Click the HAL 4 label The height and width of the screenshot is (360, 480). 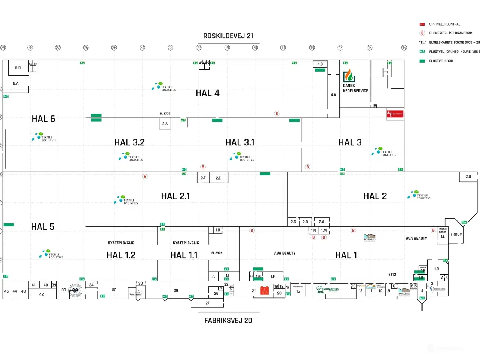pos(208,93)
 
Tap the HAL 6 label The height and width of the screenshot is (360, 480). pos(43,119)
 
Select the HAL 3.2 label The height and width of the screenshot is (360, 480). pos(129,142)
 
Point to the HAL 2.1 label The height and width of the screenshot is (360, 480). pos(175,196)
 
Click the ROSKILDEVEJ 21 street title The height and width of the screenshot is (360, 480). pos(228,36)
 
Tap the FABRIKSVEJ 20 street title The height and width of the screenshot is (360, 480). pos(228,321)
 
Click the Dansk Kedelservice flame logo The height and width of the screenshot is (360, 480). pos(349,75)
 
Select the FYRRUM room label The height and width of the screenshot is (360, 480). pos(455,234)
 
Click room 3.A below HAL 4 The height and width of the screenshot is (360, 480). pos(165,124)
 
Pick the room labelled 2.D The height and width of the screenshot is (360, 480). pos(468,177)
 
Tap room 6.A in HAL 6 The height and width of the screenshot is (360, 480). pos(16,84)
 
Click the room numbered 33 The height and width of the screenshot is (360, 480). pos(114,290)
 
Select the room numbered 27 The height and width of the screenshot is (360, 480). pos(207,303)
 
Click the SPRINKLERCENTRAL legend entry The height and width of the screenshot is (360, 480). pos(444,24)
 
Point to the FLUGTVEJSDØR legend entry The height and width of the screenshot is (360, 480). pos(441,61)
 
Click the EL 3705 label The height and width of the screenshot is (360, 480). pos(165,114)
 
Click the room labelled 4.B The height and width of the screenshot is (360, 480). pos(320,64)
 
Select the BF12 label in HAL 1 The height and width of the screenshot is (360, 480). pos(392,274)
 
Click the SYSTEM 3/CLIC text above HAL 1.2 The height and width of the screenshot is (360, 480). pos(121,243)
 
